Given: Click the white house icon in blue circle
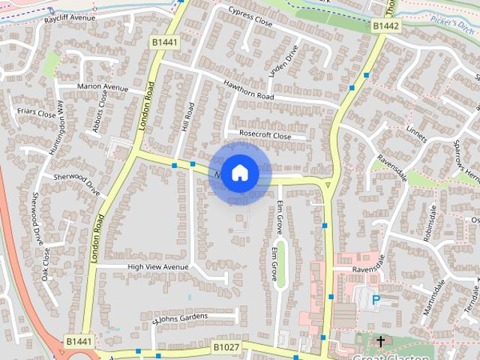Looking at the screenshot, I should (x=239, y=173).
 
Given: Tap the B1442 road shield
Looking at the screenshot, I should (x=386, y=25).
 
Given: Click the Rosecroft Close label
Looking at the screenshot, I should (x=264, y=135).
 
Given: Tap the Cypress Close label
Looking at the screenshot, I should (x=250, y=16).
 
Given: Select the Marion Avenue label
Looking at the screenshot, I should (x=103, y=87).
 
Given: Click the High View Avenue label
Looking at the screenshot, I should (x=157, y=266).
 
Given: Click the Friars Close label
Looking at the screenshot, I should (x=36, y=114).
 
